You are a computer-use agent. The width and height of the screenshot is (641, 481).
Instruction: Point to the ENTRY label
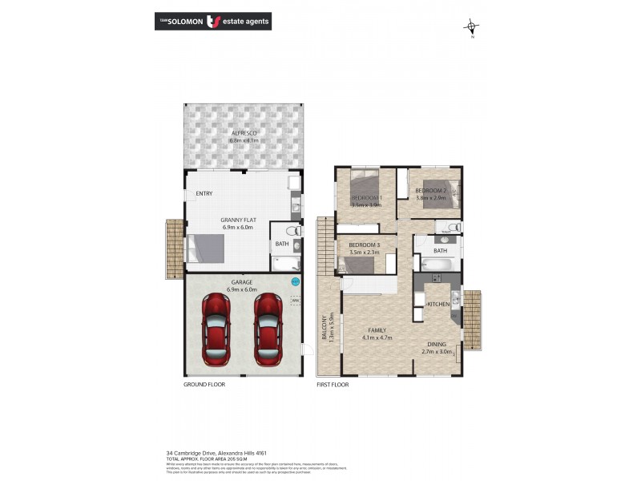click(x=204, y=194)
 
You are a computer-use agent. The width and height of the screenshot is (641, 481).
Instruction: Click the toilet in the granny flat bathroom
click(x=298, y=231)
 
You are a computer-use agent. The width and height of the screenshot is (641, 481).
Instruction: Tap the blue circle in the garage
click(x=296, y=281)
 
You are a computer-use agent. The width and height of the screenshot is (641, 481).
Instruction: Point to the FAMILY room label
click(x=377, y=329)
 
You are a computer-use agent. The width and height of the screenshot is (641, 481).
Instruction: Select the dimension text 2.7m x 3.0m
click(x=437, y=352)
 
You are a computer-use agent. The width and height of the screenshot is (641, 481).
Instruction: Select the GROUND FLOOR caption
click(x=204, y=385)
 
